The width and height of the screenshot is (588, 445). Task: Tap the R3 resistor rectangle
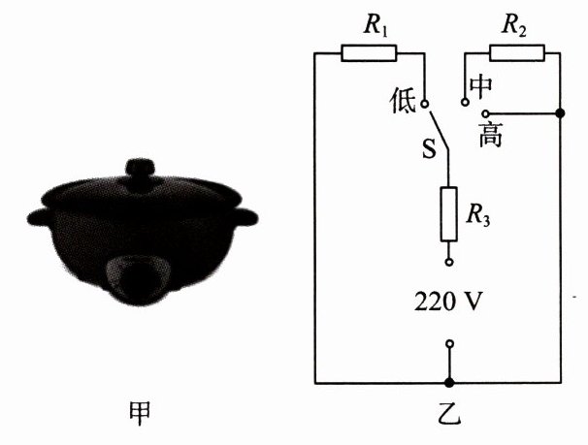tap(448, 214)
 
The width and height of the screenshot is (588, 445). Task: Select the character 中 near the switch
tap(480, 86)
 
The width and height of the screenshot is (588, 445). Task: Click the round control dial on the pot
tap(142, 277)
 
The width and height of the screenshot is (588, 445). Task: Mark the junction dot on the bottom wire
tap(448, 382)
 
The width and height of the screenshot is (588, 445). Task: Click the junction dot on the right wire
tap(562, 113)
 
